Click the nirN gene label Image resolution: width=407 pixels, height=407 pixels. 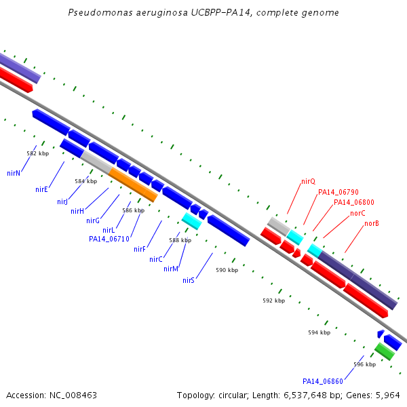(14, 173)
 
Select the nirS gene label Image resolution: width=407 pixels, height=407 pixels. (189, 280)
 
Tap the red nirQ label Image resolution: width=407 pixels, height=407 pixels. (309, 181)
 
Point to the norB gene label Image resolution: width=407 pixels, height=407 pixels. (372, 223)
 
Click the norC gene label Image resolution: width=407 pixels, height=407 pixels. (357, 213)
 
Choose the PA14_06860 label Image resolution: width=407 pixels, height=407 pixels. (323, 381)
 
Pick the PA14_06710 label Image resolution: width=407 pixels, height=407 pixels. (109, 239)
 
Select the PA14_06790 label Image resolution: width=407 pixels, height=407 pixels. (338, 192)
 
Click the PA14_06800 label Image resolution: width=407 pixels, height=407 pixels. (354, 202)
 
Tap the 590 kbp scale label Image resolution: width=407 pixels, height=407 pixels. (227, 270)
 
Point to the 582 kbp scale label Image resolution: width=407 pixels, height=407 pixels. (38, 153)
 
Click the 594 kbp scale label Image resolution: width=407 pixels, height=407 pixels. (319, 332)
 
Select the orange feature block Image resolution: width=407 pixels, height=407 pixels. (133, 185)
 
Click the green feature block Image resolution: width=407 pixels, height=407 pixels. (385, 351)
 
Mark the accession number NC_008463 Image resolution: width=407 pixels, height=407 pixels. (73, 395)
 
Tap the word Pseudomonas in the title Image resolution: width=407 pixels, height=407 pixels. (100, 12)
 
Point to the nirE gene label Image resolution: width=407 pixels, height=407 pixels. (42, 189)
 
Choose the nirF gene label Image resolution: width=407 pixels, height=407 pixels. (139, 249)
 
